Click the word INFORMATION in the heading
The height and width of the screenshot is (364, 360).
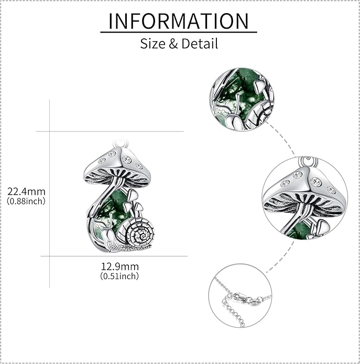179,21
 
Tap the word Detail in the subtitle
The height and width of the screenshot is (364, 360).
200,43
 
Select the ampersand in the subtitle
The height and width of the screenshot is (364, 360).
173,43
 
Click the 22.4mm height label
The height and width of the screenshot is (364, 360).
26,192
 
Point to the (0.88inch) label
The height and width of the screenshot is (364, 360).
26,201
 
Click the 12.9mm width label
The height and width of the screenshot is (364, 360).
120,267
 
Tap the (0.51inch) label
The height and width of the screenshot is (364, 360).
120,276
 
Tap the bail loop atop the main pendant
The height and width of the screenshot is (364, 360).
121,143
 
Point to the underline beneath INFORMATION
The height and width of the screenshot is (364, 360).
179,32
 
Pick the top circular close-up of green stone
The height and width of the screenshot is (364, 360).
242,100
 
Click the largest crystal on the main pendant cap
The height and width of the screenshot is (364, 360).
127,160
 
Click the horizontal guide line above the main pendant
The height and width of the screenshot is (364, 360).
110,131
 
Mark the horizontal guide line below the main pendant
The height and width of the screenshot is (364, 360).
114,256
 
